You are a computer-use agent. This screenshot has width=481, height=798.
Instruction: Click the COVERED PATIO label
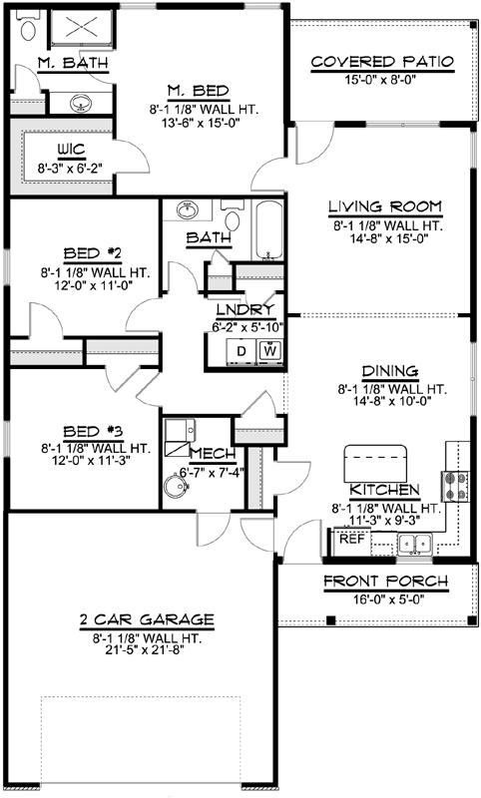(382, 62)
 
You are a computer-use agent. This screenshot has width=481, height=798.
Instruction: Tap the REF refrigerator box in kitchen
(350, 539)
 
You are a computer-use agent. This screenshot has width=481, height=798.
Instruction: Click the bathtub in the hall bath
(268, 231)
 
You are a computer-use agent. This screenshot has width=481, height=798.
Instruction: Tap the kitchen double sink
(413, 544)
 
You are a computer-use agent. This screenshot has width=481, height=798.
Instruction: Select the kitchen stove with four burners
(455, 486)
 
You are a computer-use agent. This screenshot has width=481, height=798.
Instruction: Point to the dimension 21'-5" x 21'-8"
(147, 649)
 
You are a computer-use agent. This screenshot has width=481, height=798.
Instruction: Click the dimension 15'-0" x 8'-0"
(382, 81)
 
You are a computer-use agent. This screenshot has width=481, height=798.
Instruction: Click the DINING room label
(383, 369)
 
